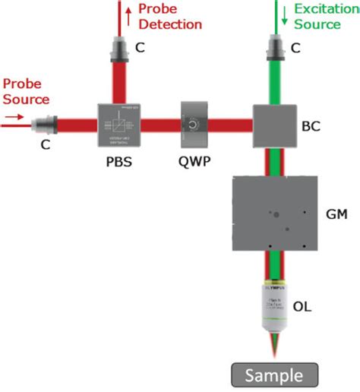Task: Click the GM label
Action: pos(336,214)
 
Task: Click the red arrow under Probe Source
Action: pos(14,118)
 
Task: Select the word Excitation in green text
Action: pos(319,10)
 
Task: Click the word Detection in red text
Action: pos(171,24)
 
